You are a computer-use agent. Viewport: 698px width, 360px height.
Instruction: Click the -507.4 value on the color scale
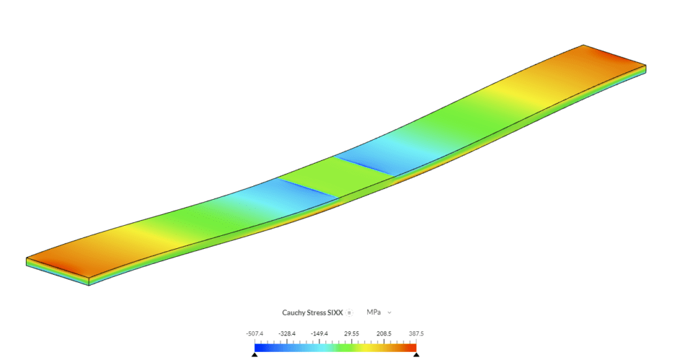click(254, 333)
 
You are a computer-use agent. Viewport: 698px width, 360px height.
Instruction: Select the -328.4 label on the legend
click(287, 333)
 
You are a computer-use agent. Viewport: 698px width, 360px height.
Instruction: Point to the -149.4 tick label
click(319, 333)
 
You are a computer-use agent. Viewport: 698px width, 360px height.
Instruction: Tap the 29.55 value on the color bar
click(352, 333)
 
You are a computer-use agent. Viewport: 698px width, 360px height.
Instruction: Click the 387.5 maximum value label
click(416, 333)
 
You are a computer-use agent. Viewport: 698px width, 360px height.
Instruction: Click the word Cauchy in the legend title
click(294, 312)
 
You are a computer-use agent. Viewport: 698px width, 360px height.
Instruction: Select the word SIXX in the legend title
click(336, 312)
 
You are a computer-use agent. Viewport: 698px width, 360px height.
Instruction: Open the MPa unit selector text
click(373, 312)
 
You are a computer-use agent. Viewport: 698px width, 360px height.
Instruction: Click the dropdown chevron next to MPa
click(389, 312)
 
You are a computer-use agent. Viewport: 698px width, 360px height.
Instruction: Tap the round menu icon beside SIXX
click(349, 312)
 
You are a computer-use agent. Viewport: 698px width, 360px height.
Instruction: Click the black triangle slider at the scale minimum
click(254, 355)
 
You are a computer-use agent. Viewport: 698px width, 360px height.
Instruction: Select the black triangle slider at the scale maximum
click(416, 355)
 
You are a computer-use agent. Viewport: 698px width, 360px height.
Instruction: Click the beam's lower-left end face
click(57, 271)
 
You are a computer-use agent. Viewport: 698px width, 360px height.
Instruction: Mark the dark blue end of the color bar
click(259, 347)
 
